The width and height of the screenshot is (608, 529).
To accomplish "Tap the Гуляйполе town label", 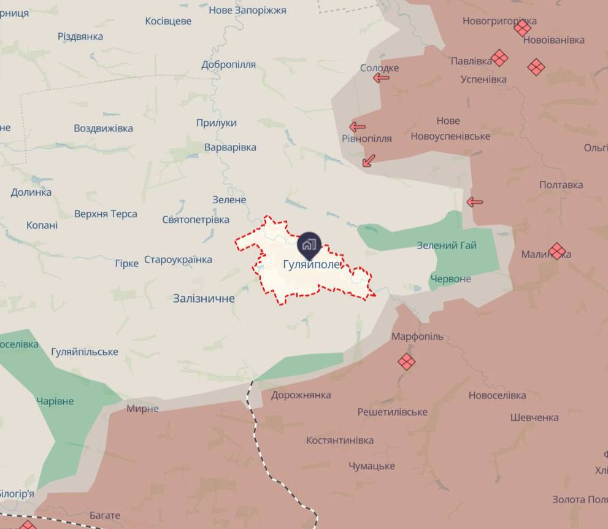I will coord(311,265).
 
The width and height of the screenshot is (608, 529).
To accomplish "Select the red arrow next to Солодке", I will coord(381,78).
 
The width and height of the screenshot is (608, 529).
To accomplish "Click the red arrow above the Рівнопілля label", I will coord(357,127).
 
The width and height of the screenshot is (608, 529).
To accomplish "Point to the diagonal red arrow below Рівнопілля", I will coord(368,161).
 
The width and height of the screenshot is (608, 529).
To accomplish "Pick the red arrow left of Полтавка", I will coord(474,202).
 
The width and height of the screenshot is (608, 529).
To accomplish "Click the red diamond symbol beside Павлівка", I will coord(499,58).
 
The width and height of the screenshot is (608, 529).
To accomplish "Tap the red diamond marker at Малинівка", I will coord(557,251).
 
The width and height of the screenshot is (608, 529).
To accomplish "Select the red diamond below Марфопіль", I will coord(406,362).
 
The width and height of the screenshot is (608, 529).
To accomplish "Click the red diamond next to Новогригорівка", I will coord(523,28).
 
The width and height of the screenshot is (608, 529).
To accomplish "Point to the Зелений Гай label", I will coord(447,245).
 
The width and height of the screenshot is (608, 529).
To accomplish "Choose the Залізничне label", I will coord(204,298).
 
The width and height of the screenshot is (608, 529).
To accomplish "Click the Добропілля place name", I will coord(228,64).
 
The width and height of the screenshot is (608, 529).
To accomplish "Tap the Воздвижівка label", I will coord(103,128).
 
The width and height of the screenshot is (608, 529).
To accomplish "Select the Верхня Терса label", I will coord(106,214).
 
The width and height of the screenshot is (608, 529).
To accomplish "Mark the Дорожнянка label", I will coord(301,395).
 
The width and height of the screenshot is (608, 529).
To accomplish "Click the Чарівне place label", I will coord(55,401).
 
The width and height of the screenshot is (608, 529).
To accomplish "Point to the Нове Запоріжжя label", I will coord(247,10).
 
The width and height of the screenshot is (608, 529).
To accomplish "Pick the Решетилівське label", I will coord(393,412).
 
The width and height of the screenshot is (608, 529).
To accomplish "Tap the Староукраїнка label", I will coord(178,260).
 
